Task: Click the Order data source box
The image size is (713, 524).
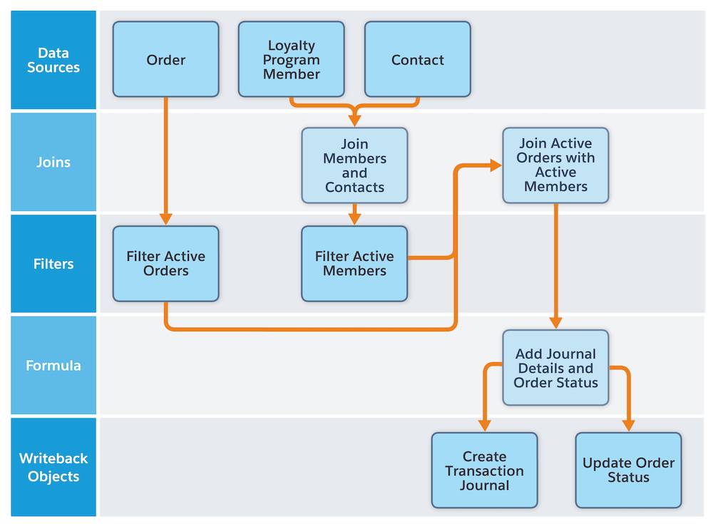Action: click(165, 59)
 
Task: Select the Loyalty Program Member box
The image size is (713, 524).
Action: click(291, 59)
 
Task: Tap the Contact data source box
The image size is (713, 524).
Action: click(417, 59)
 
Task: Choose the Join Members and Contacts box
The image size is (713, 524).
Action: click(354, 165)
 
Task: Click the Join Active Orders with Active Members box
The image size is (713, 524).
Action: click(555, 165)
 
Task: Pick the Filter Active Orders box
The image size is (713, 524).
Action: click(165, 264)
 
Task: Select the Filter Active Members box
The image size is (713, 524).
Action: click(354, 264)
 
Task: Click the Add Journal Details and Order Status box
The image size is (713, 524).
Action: click(555, 367)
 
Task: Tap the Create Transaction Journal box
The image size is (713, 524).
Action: click(484, 471)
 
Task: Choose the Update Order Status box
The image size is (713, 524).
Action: click(628, 471)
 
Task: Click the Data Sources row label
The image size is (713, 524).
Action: click(53, 60)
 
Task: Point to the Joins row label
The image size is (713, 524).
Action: click(53, 162)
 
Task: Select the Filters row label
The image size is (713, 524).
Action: click(53, 264)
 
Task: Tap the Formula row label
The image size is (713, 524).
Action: click(53, 366)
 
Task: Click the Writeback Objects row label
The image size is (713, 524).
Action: click(53, 467)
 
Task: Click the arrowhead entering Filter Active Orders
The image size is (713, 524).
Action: click(165, 220)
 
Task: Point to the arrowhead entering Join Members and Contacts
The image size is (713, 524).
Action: click(354, 120)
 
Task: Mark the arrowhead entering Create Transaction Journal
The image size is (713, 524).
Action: click(484, 426)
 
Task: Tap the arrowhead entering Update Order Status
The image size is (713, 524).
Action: click(628, 426)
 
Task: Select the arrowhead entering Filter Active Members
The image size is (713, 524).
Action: click(354, 220)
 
